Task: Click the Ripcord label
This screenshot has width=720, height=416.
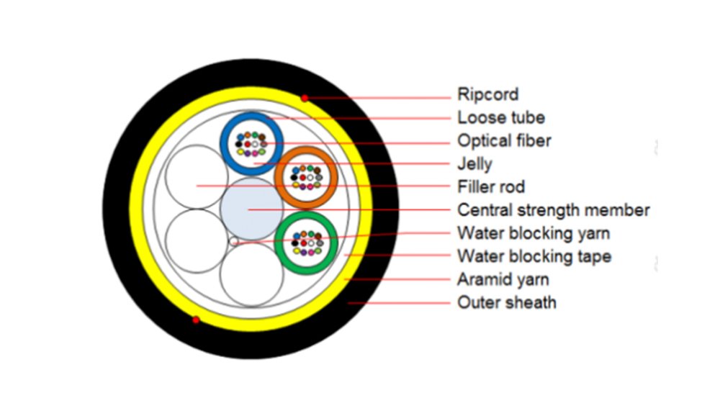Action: coord(487,94)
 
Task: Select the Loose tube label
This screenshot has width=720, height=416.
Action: coord(501,117)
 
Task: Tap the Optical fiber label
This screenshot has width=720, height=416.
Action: coord(504,140)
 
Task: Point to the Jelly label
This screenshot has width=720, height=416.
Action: coord(474,163)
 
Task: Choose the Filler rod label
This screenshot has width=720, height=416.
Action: coord(491,187)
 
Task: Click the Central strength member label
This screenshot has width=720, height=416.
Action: coord(553,210)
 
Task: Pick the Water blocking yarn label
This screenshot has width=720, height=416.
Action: coord(534,233)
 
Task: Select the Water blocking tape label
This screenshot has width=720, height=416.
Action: coord(534,256)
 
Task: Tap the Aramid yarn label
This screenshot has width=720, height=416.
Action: coord(503,279)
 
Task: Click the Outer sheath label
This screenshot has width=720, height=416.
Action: coord(506,302)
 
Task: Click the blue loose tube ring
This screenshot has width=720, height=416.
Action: coord(225,141)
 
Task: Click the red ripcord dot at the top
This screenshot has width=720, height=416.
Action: coord(305,97)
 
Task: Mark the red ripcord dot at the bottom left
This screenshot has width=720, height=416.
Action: coord(195,320)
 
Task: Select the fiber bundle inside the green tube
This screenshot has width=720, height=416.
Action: coord(307,243)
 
